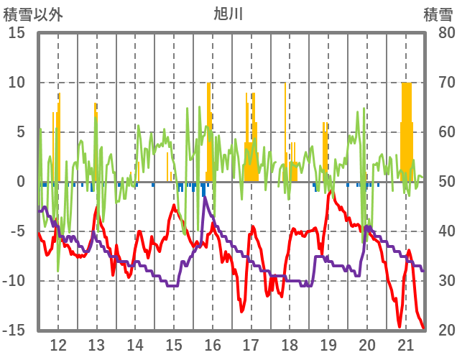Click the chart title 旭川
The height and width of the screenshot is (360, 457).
coord(228,14)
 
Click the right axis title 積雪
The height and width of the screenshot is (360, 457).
coord(437,14)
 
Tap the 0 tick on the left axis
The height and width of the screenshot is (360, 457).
coord(22,182)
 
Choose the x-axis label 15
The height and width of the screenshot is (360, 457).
coord(174,343)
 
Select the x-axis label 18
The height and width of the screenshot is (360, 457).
coord(290,343)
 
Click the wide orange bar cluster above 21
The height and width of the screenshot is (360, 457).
coord(407,129)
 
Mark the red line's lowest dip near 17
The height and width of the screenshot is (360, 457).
coord(243,310)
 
